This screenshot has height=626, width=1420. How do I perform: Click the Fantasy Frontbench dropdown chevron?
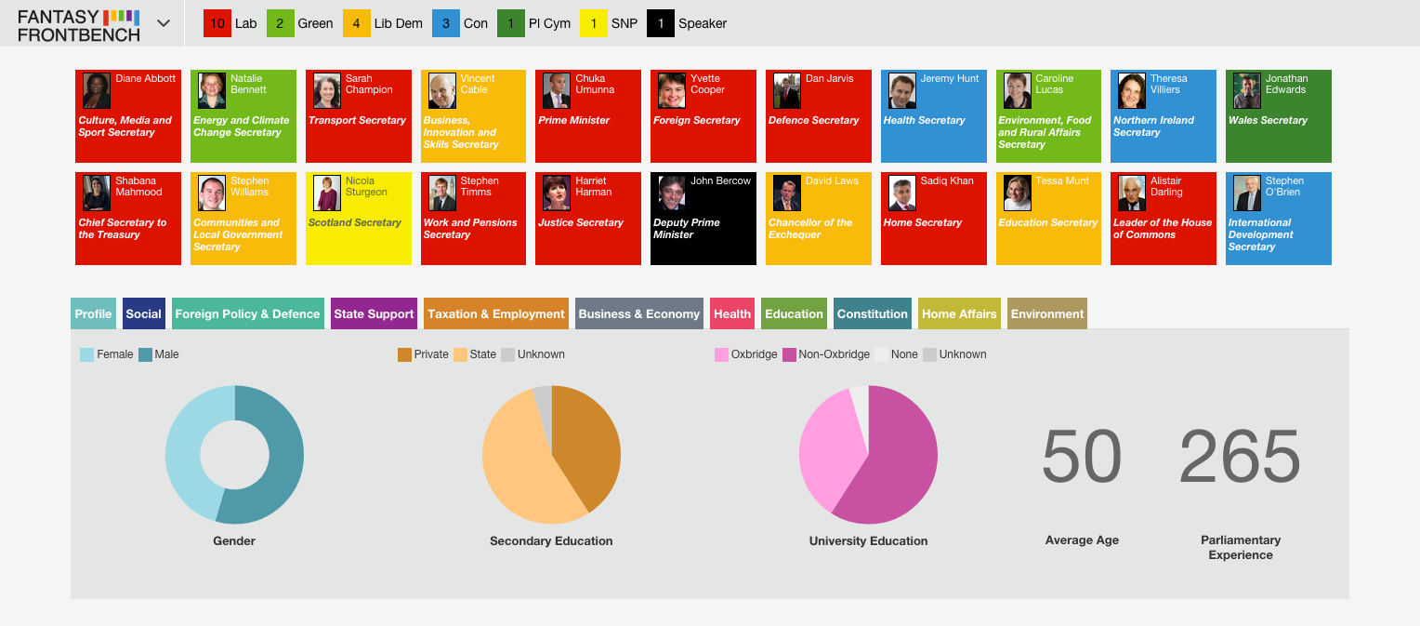coord(164,23)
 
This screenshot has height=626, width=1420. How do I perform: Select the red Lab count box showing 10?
coord(217,23)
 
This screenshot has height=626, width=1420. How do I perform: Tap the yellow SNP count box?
coord(593,23)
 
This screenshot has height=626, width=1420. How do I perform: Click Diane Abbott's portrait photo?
coord(97,91)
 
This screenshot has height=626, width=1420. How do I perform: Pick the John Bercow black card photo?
coord(672,193)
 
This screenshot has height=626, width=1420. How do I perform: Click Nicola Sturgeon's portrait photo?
coord(327,193)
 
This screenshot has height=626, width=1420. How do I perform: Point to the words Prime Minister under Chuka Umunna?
coord(573,120)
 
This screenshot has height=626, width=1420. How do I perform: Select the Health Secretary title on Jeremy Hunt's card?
coord(924,120)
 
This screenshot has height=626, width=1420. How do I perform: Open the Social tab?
coord(144,313)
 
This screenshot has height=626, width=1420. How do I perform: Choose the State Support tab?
coord(374,313)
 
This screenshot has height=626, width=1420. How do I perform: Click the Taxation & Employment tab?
coord(495,313)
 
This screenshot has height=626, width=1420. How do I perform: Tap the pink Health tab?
coord(732,313)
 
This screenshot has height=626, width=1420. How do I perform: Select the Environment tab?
coord(1047,313)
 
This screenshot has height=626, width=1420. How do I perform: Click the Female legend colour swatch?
coord(86,354)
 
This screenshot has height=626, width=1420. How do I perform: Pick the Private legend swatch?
coord(404,354)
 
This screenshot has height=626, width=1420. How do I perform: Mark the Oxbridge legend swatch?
coord(721,354)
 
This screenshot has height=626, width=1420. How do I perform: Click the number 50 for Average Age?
coord(1082,456)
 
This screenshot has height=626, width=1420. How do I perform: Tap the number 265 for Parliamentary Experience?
coord(1240,456)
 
